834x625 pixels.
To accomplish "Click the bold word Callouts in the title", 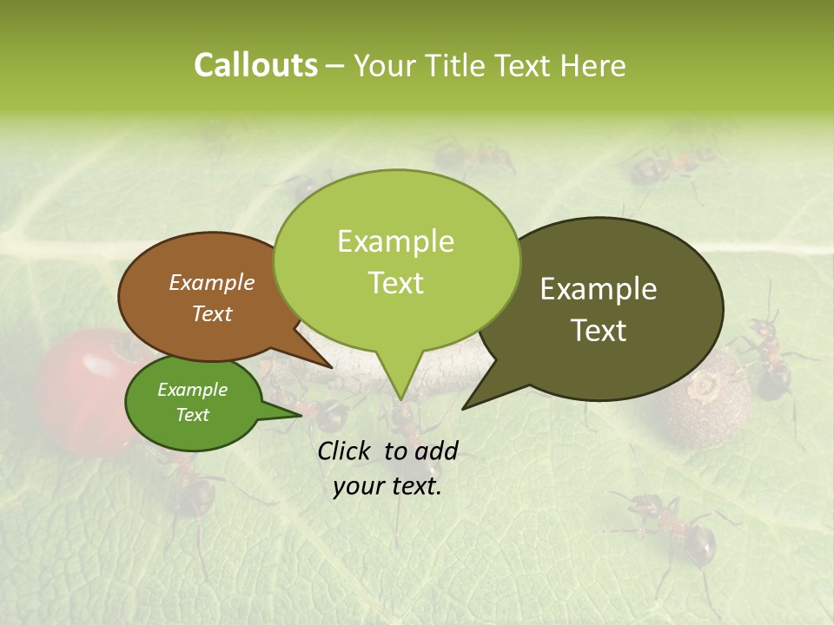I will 255,65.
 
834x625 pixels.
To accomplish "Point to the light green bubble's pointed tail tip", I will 400,399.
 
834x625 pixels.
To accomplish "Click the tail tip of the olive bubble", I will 463,408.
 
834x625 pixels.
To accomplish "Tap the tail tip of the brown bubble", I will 331,367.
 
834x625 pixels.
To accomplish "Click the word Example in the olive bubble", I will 599,289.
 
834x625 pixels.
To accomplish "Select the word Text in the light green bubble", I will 396,283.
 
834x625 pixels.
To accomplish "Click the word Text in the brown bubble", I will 212,313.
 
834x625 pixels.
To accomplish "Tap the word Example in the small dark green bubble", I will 192,390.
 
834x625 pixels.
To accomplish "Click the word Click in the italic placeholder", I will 347,450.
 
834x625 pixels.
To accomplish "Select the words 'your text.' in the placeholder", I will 387,486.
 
